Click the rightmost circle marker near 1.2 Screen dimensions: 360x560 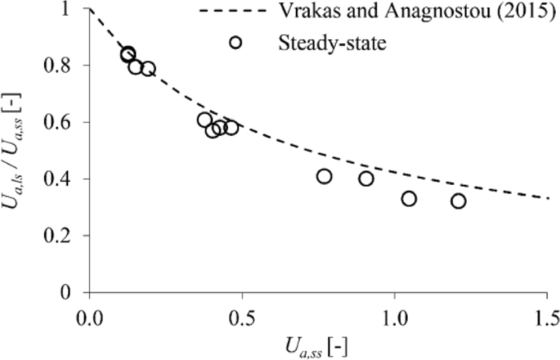point(459,201)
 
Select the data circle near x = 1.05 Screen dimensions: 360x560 point(409,199)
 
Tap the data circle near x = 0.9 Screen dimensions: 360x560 point(366,178)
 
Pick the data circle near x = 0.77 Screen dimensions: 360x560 point(325,176)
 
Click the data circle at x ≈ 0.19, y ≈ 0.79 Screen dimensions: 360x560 point(148,69)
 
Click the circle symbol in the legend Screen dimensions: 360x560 point(236,42)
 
